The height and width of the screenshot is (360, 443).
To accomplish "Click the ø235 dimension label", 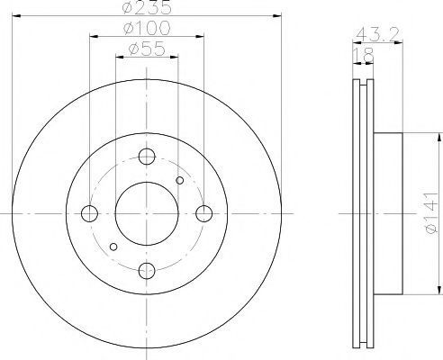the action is pyautogui.click(x=147, y=7).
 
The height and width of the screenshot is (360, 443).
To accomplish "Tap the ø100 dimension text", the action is pyautogui.click(x=147, y=28).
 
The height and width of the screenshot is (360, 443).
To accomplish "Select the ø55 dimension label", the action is pyautogui.click(x=147, y=49).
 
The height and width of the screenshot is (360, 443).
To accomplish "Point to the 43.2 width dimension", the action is pyautogui.click(x=377, y=34).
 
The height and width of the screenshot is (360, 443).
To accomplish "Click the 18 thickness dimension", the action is pyautogui.click(x=364, y=55).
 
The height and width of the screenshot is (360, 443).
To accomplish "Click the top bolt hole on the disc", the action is pyautogui.click(x=147, y=157).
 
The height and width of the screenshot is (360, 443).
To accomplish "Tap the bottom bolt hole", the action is pyautogui.click(x=147, y=271).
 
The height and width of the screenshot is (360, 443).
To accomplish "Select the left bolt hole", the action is pyautogui.click(x=89, y=213).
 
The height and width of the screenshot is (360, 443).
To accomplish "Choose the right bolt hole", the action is pyautogui.click(x=204, y=213).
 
